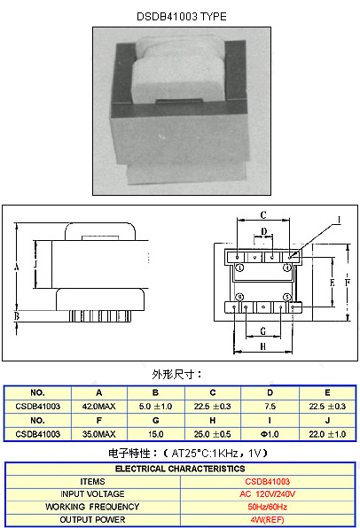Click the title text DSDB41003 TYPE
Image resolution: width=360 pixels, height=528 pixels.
[182, 17]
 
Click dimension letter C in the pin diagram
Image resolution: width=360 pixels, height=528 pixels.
[263, 215]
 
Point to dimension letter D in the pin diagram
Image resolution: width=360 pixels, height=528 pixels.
[264, 231]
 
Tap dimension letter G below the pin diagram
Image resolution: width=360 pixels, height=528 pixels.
[263, 331]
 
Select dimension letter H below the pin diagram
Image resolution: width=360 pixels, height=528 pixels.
[263, 346]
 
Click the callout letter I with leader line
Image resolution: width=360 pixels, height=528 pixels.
[339, 221]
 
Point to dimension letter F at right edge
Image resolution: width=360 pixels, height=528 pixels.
[348, 283]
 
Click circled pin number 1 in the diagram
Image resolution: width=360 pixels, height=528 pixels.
[239, 268]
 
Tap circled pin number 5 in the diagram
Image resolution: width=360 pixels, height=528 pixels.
[287, 298]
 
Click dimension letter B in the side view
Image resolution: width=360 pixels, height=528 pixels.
[17, 316]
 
